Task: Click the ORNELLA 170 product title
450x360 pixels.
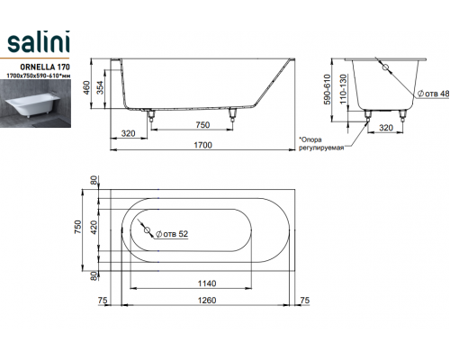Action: pyautogui.click(x=45, y=67)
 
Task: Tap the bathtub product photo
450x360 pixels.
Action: pyautogui.click(x=35, y=103)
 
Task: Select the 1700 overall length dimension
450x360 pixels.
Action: pyautogui.click(x=202, y=145)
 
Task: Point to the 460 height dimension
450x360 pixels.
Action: pyautogui.click(x=86, y=87)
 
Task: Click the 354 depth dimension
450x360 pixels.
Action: pyautogui.click(x=101, y=87)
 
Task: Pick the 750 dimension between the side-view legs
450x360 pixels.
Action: pyautogui.click(x=202, y=125)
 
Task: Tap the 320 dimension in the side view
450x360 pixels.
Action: pyautogui.click(x=128, y=133)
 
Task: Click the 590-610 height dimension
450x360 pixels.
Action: pyautogui.click(x=327, y=89)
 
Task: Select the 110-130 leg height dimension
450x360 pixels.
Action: pyautogui.click(x=343, y=89)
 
